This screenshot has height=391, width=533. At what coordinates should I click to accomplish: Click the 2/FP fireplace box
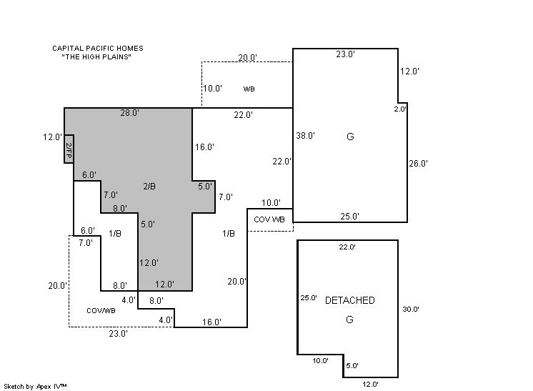(x=69, y=149)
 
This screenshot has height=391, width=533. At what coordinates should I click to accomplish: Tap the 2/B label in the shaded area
(x=149, y=187)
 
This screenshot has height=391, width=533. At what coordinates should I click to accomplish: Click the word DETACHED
(x=350, y=300)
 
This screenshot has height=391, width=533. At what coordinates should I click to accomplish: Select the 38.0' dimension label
(x=305, y=136)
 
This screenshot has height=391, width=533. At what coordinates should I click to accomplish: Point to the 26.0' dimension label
(x=418, y=164)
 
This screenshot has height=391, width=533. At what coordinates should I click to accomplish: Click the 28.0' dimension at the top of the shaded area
(x=129, y=112)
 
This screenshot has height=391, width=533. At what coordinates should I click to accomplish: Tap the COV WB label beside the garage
(x=269, y=219)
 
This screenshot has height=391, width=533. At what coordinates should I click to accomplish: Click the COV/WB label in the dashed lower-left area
(x=101, y=310)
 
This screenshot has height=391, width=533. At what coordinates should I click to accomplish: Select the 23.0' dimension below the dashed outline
(x=119, y=334)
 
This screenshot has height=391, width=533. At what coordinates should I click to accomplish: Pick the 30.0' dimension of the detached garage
(x=411, y=309)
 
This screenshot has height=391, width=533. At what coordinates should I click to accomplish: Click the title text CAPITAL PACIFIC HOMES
(x=98, y=49)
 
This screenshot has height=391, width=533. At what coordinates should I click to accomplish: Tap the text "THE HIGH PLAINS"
(x=96, y=56)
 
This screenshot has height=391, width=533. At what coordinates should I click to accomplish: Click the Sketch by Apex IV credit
(x=35, y=386)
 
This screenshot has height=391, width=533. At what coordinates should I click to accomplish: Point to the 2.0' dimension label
(x=400, y=109)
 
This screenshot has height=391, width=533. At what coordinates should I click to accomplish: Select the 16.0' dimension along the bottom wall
(x=211, y=322)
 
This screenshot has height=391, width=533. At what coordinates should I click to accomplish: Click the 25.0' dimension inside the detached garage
(x=309, y=298)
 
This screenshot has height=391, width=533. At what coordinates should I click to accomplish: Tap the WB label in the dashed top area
(x=249, y=89)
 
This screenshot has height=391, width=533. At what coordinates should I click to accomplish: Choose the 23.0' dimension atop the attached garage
(x=345, y=54)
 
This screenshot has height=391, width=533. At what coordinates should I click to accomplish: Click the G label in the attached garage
(x=350, y=137)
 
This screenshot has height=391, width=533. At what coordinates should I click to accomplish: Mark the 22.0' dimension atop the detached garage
(x=347, y=247)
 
